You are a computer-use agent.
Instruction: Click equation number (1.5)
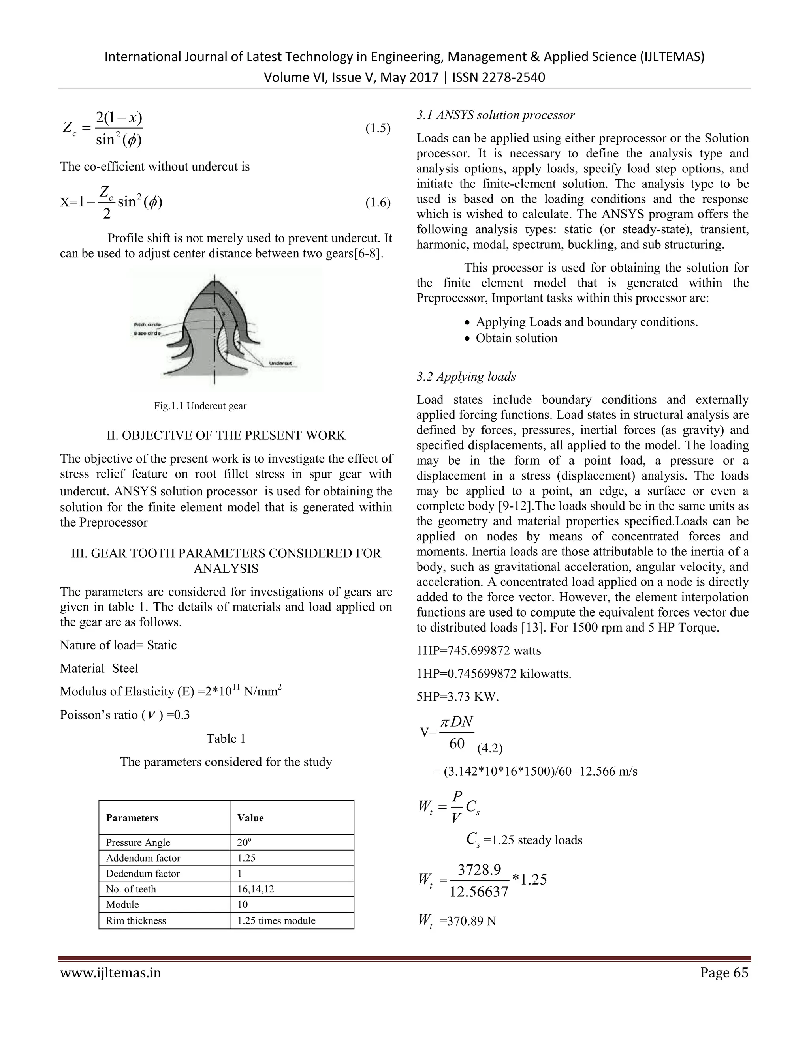[378, 128]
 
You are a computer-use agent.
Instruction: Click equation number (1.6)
[378, 203]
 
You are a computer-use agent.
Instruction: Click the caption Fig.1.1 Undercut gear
[200, 406]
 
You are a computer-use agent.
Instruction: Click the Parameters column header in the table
[132, 817]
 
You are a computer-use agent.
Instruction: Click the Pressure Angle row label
[138, 842]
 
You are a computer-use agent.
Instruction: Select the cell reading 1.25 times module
[277, 920]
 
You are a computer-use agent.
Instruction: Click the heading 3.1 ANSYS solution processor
[496, 115]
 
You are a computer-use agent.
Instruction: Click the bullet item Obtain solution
[516, 338]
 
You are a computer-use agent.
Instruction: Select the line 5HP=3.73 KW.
[458, 697]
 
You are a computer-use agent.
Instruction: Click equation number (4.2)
[490, 748]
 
